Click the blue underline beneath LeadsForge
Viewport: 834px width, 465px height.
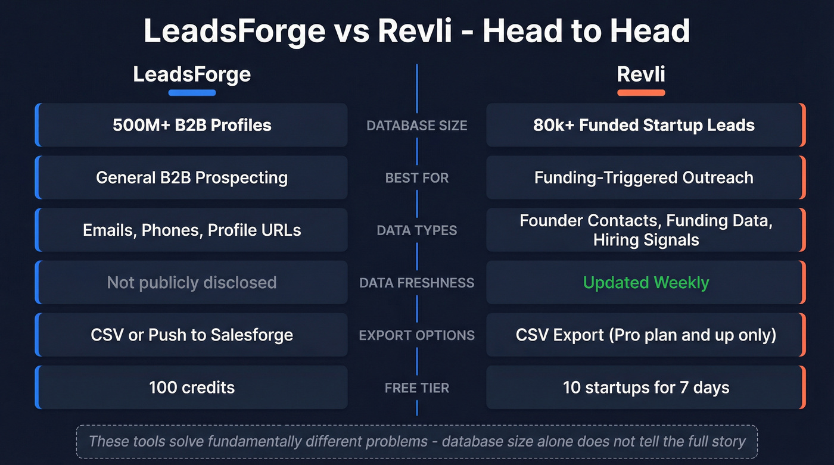192,93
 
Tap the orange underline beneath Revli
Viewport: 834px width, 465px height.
641,93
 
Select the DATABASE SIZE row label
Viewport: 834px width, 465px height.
417,126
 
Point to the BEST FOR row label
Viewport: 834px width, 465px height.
417,178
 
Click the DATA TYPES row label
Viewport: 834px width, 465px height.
417,230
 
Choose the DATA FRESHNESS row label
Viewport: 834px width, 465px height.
417,283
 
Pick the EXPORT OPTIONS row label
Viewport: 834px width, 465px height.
417,335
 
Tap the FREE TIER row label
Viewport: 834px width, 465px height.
417,388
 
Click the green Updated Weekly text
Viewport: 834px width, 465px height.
646,282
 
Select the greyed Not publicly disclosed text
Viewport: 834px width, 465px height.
192,282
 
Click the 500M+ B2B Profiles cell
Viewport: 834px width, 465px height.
192,125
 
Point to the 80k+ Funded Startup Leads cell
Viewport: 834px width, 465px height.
646,125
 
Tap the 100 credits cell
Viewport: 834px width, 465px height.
192,388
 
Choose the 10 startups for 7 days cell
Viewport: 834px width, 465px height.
646,388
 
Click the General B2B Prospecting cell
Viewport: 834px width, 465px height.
192,177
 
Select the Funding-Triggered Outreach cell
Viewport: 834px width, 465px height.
646,177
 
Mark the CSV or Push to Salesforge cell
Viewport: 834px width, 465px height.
192,335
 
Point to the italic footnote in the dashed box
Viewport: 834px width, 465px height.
417,441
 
